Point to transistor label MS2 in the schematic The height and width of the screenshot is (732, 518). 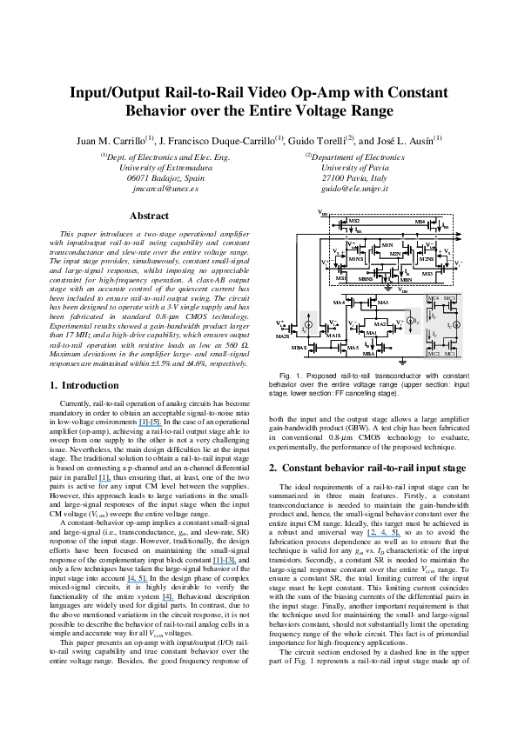pyautogui.click(x=353, y=223)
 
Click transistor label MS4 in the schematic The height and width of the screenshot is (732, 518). pyautogui.click(x=420, y=223)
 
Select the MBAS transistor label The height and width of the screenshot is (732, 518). pyautogui.click(x=300, y=348)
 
